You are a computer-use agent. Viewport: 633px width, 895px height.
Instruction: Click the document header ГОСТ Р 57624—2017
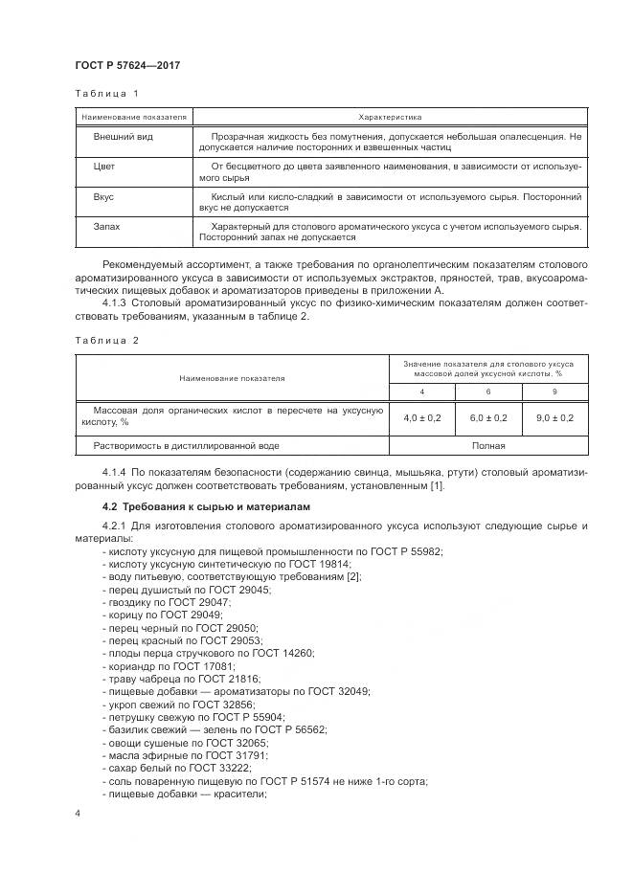(x=127, y=65)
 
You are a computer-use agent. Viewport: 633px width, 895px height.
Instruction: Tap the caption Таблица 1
(x=107, y=94)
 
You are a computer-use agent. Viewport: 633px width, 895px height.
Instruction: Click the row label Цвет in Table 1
(x=103, y=167)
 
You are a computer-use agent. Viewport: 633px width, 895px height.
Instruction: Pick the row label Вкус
(x=103, y=196)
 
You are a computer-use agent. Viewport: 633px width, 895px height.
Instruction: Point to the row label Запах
(x=106, y=226)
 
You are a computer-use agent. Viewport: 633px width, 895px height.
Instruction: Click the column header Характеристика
(x=390, y=116)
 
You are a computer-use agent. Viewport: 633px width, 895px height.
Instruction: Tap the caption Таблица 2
(x=107, y=340)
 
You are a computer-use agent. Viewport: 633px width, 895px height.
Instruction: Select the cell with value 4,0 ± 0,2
(x=421, y=417)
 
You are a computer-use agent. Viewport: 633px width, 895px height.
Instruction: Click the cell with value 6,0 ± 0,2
(x=487, y=417)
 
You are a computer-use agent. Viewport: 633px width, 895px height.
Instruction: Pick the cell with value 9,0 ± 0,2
(x=554, y=417)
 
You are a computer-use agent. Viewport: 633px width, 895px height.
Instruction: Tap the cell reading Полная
(x=487, y=445)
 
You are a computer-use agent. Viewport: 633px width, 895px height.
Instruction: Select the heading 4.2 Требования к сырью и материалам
(x=206, y=505)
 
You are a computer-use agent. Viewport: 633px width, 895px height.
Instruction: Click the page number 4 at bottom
(x=78, y=813)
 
